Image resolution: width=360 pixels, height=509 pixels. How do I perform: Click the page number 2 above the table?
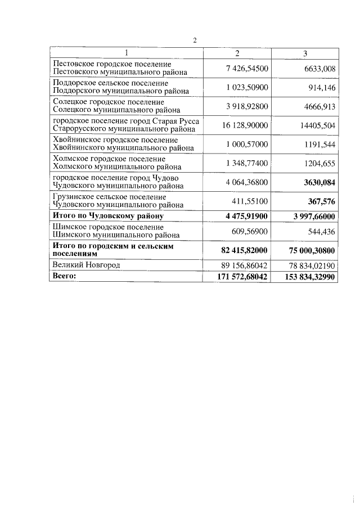click(x=195, y=40)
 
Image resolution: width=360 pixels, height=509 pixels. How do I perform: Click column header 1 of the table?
click(x=127, y=53)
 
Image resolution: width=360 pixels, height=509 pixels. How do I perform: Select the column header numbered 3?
click(x=305, y=53)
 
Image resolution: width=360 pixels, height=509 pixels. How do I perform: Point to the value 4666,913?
click(x=318, y=106)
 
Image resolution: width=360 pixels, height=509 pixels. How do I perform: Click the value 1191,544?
click(x=318, y=145)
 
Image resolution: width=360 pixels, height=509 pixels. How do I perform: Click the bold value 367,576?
click(x=321, y=201)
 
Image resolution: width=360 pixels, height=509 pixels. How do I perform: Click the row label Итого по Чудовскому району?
click(x=107, y=216)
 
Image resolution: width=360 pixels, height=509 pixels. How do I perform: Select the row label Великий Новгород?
click(x=85, y=264)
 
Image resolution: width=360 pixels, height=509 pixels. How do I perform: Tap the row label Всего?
click(x=64, y=276)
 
